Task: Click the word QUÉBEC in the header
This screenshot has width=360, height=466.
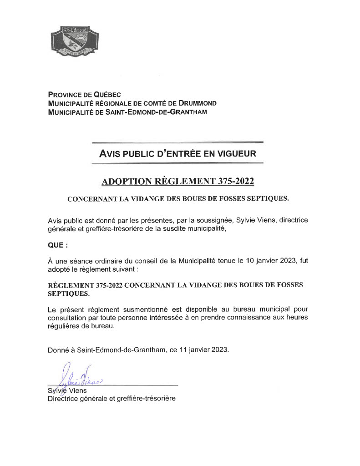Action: click(106, 95)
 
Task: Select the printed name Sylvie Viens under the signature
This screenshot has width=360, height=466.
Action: click(67, 390)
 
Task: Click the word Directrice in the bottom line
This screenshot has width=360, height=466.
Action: click(64, 399)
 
